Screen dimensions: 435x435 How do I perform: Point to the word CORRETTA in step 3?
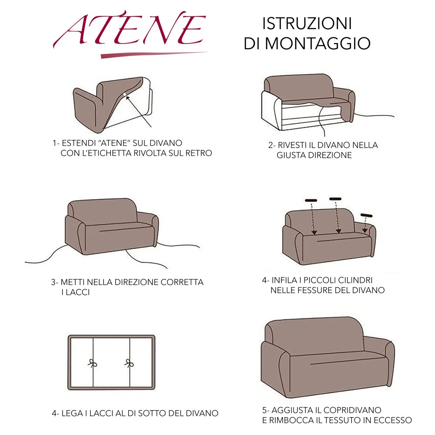(182, 282)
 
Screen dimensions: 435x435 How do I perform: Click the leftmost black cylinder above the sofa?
(311, 201)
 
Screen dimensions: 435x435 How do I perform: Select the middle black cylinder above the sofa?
(335, 199)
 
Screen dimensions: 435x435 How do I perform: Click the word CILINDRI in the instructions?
(355, 280)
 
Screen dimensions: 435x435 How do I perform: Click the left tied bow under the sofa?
(92, 364)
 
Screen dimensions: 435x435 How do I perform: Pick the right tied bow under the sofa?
(129, 364)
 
